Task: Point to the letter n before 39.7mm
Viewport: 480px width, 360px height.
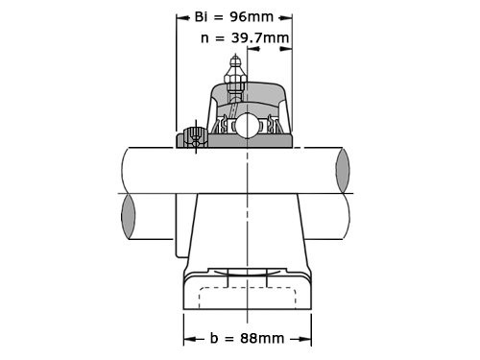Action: pos(205,38)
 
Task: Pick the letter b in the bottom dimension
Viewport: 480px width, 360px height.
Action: pos(214,338)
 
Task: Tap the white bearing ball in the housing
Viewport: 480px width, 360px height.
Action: pos(247,126)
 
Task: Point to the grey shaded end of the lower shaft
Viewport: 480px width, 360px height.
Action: pos(129,217)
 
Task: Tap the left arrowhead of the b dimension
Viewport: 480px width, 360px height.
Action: pos(187,338)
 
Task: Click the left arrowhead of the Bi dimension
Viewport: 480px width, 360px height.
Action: pos(180,16)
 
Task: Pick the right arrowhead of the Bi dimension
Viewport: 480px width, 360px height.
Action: pos(288,16)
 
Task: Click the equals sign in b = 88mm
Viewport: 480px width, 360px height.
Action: pos(229,338)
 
